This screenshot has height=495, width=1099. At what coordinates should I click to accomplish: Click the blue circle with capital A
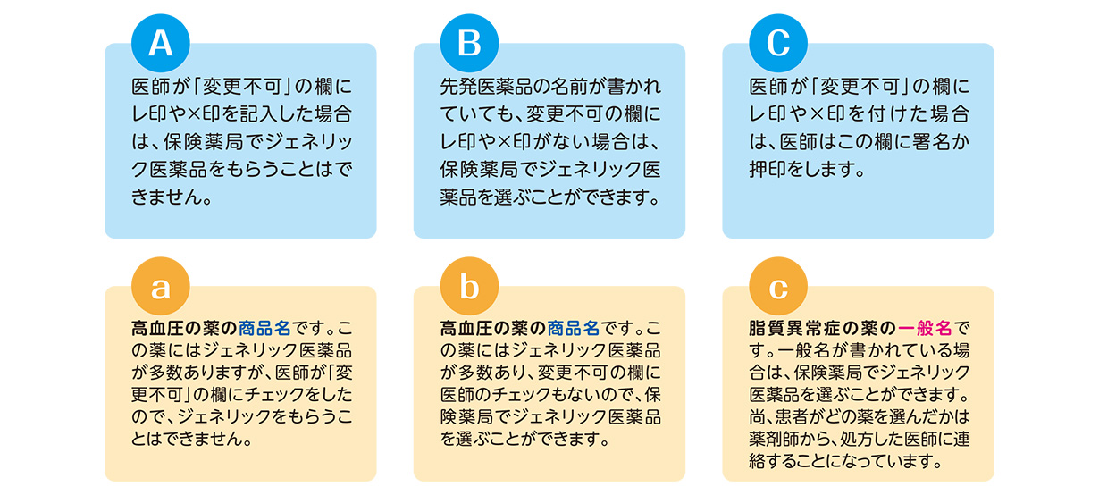click(161, 43)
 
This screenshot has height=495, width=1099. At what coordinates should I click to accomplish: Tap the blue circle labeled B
click(469, 43)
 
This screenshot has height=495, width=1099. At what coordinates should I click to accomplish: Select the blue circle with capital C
click(778, 43)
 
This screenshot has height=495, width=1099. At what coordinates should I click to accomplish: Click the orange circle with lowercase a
click(161, 286)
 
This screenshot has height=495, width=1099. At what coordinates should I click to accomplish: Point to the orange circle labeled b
click(469, 286)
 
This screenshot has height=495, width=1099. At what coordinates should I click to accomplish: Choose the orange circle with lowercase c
click(778, 286)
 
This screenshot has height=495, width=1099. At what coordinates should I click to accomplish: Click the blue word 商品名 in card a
click(265, 328)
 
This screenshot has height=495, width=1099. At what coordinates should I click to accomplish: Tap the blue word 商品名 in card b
click(574, 328)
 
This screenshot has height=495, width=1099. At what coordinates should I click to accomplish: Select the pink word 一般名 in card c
click(925, 328)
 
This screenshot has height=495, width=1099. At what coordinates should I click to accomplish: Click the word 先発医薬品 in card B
click(486, 87)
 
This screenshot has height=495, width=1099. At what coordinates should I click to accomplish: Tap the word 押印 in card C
click(767, 170)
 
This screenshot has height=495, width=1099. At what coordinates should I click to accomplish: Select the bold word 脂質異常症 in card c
click(795, 328)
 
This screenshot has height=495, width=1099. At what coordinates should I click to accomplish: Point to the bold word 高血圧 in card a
click(157, 328)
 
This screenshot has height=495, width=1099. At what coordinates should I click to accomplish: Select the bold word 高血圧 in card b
click(466, 328)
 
